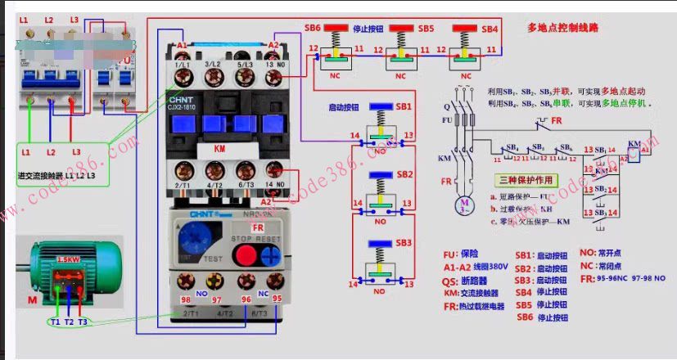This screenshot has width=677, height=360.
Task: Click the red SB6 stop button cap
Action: click(336, 29)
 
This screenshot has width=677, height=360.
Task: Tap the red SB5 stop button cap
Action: click(400, 29)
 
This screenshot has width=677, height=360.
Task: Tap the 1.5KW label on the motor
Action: click(67, 260)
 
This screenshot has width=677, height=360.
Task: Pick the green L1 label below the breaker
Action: click(25, 152)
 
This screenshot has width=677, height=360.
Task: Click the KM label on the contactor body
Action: click(219, 150)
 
